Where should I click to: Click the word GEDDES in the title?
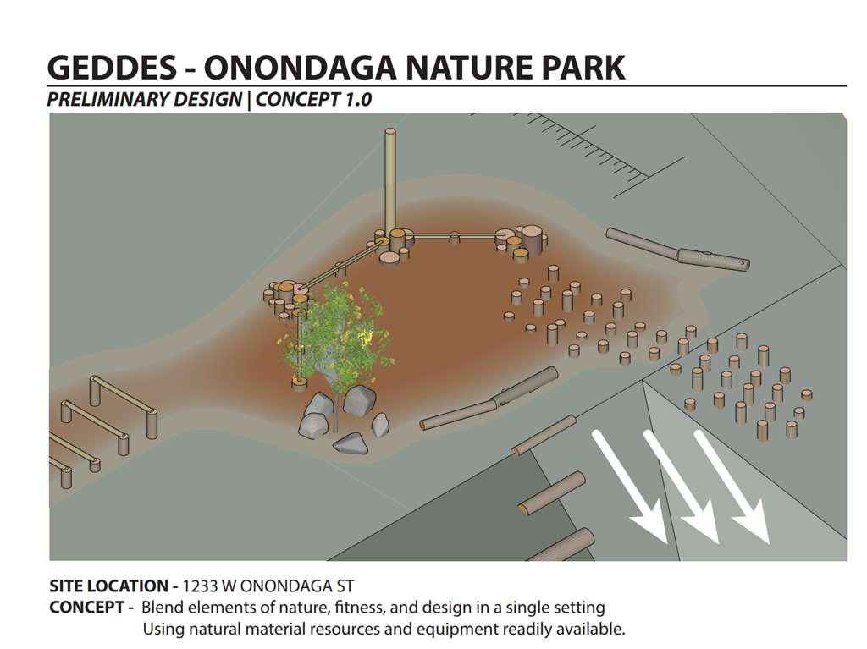coord(112,68)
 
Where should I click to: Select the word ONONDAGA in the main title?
coord(301,68)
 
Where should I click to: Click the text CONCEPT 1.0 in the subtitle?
coord(313,100)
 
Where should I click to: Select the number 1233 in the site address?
coord(200,586)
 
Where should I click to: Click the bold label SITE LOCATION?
coord(109,586)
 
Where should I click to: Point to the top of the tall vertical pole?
coord(389,131)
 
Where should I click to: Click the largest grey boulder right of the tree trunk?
coord(359,400)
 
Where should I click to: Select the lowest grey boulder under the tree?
coord(351,443)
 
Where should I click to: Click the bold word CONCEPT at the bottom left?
coord(87,608)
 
